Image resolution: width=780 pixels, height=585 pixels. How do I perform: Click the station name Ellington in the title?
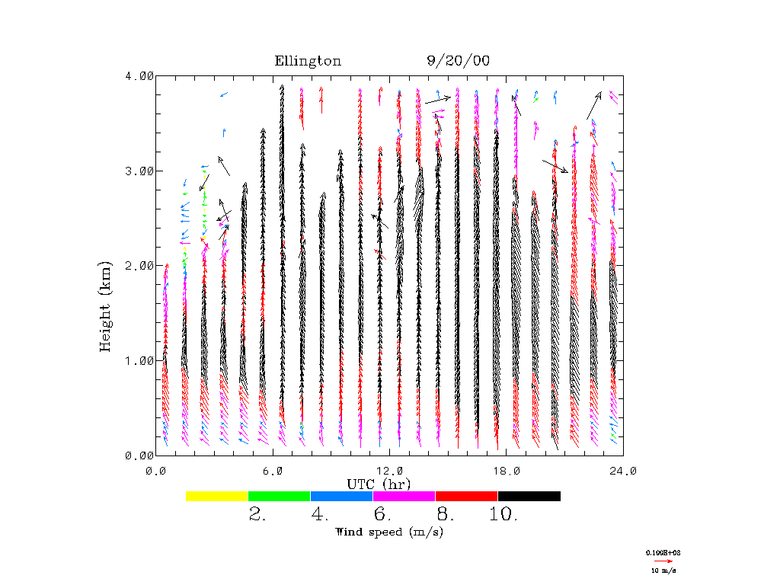308,61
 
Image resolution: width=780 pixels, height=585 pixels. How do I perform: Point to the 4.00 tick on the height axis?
139,75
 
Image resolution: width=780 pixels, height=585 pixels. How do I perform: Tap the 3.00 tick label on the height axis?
139,171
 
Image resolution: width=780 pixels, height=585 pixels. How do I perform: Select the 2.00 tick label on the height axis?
139,265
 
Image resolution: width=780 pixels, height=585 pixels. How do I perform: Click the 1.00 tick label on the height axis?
139,360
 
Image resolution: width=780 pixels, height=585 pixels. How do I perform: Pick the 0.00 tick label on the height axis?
139,455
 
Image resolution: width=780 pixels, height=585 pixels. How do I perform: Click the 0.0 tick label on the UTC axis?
156,471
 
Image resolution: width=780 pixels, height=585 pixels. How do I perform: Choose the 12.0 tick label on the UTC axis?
389,471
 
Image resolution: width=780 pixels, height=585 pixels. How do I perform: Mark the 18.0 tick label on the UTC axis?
506,471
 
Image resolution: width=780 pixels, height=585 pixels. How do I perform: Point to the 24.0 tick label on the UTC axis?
622,471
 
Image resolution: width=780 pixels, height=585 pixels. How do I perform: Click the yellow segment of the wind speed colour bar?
217,496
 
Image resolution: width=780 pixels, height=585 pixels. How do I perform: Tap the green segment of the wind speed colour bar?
280,496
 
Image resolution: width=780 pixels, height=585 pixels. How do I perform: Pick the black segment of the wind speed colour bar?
529,496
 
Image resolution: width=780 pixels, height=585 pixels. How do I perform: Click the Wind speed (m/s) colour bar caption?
389,532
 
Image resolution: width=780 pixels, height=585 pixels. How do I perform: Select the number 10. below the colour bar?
503,515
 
